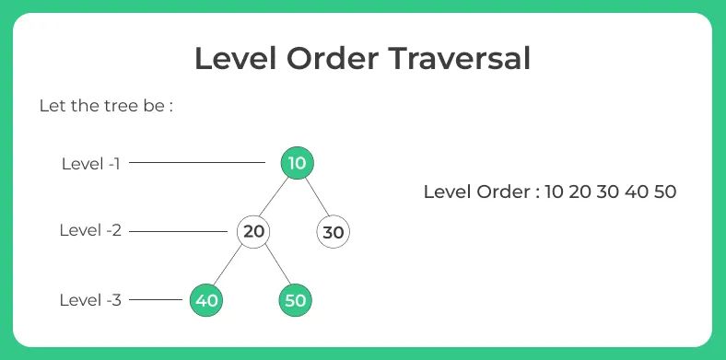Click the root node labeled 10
297,164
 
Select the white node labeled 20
254,231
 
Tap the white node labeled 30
334,232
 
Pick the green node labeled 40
206,300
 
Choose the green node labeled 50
296,300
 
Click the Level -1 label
91,164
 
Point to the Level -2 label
90,231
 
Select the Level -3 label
90,300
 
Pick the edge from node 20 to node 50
275,265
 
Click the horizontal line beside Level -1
197,164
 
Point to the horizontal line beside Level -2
177,231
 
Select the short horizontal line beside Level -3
157,300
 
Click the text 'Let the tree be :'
106,105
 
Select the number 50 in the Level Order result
664,192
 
